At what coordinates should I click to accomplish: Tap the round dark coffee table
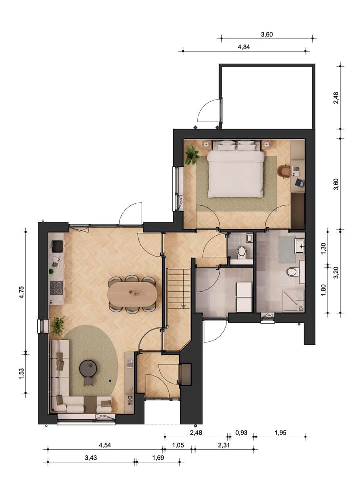(x=89, y=369)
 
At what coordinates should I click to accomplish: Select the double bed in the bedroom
(x=236, y=171)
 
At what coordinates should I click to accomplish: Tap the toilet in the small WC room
(x=241, y=252)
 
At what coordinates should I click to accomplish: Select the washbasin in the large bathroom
(x=300, y=246)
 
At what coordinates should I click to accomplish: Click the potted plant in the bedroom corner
(x=192, y=155)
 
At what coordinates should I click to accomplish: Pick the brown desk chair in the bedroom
(x=283, y=171)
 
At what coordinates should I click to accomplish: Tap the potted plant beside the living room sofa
(x=58, y=325)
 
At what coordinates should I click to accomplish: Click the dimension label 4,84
(x=244, y=47)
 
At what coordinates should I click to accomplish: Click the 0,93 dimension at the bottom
(x=240, y=432)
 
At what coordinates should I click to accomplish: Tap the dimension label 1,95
(x=280, y=432)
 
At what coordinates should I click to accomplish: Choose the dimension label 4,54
(x=105, y=445)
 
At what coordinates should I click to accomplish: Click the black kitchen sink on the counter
(x=57, y=246)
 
